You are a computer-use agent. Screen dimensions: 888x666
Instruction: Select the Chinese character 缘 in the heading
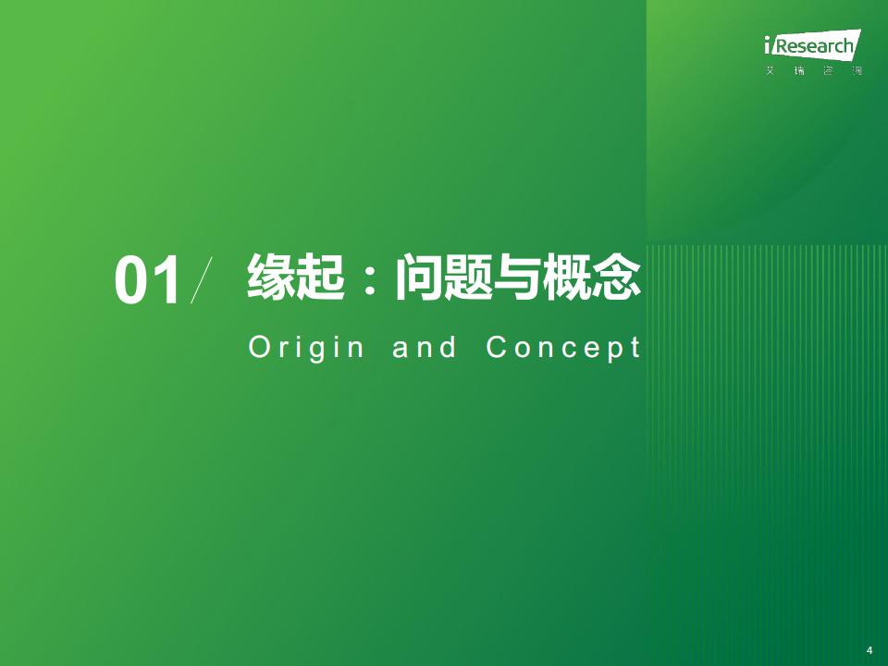(x=271, y=277)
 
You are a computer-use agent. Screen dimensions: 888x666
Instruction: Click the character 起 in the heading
(x=321, y=277)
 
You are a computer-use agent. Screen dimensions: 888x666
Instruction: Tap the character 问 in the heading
(x=419, y=277)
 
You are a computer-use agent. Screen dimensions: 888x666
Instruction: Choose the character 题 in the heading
(x=468, y=277)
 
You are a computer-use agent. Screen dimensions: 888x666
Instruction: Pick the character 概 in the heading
(x=567, y=277)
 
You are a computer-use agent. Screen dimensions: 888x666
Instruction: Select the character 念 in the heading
(x=616, y=277)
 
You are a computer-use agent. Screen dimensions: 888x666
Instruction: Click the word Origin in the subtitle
(x=306, y=348)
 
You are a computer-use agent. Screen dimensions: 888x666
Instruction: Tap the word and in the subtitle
(x=425, y=347)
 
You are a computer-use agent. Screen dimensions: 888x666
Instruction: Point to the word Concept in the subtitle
(x=563, y=348)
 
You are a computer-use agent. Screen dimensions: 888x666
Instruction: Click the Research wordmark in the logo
(x=814, y=45)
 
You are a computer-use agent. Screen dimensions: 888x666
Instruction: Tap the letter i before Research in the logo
(x=768, y=45)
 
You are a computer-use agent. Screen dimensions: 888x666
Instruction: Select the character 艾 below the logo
(x=770, y=71)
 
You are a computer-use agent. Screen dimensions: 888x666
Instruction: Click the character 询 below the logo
(x=857, y=71)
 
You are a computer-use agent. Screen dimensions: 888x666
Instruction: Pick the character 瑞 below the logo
(x=799, y=71)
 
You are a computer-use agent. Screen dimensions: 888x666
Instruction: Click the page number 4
(x=869, y=650)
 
